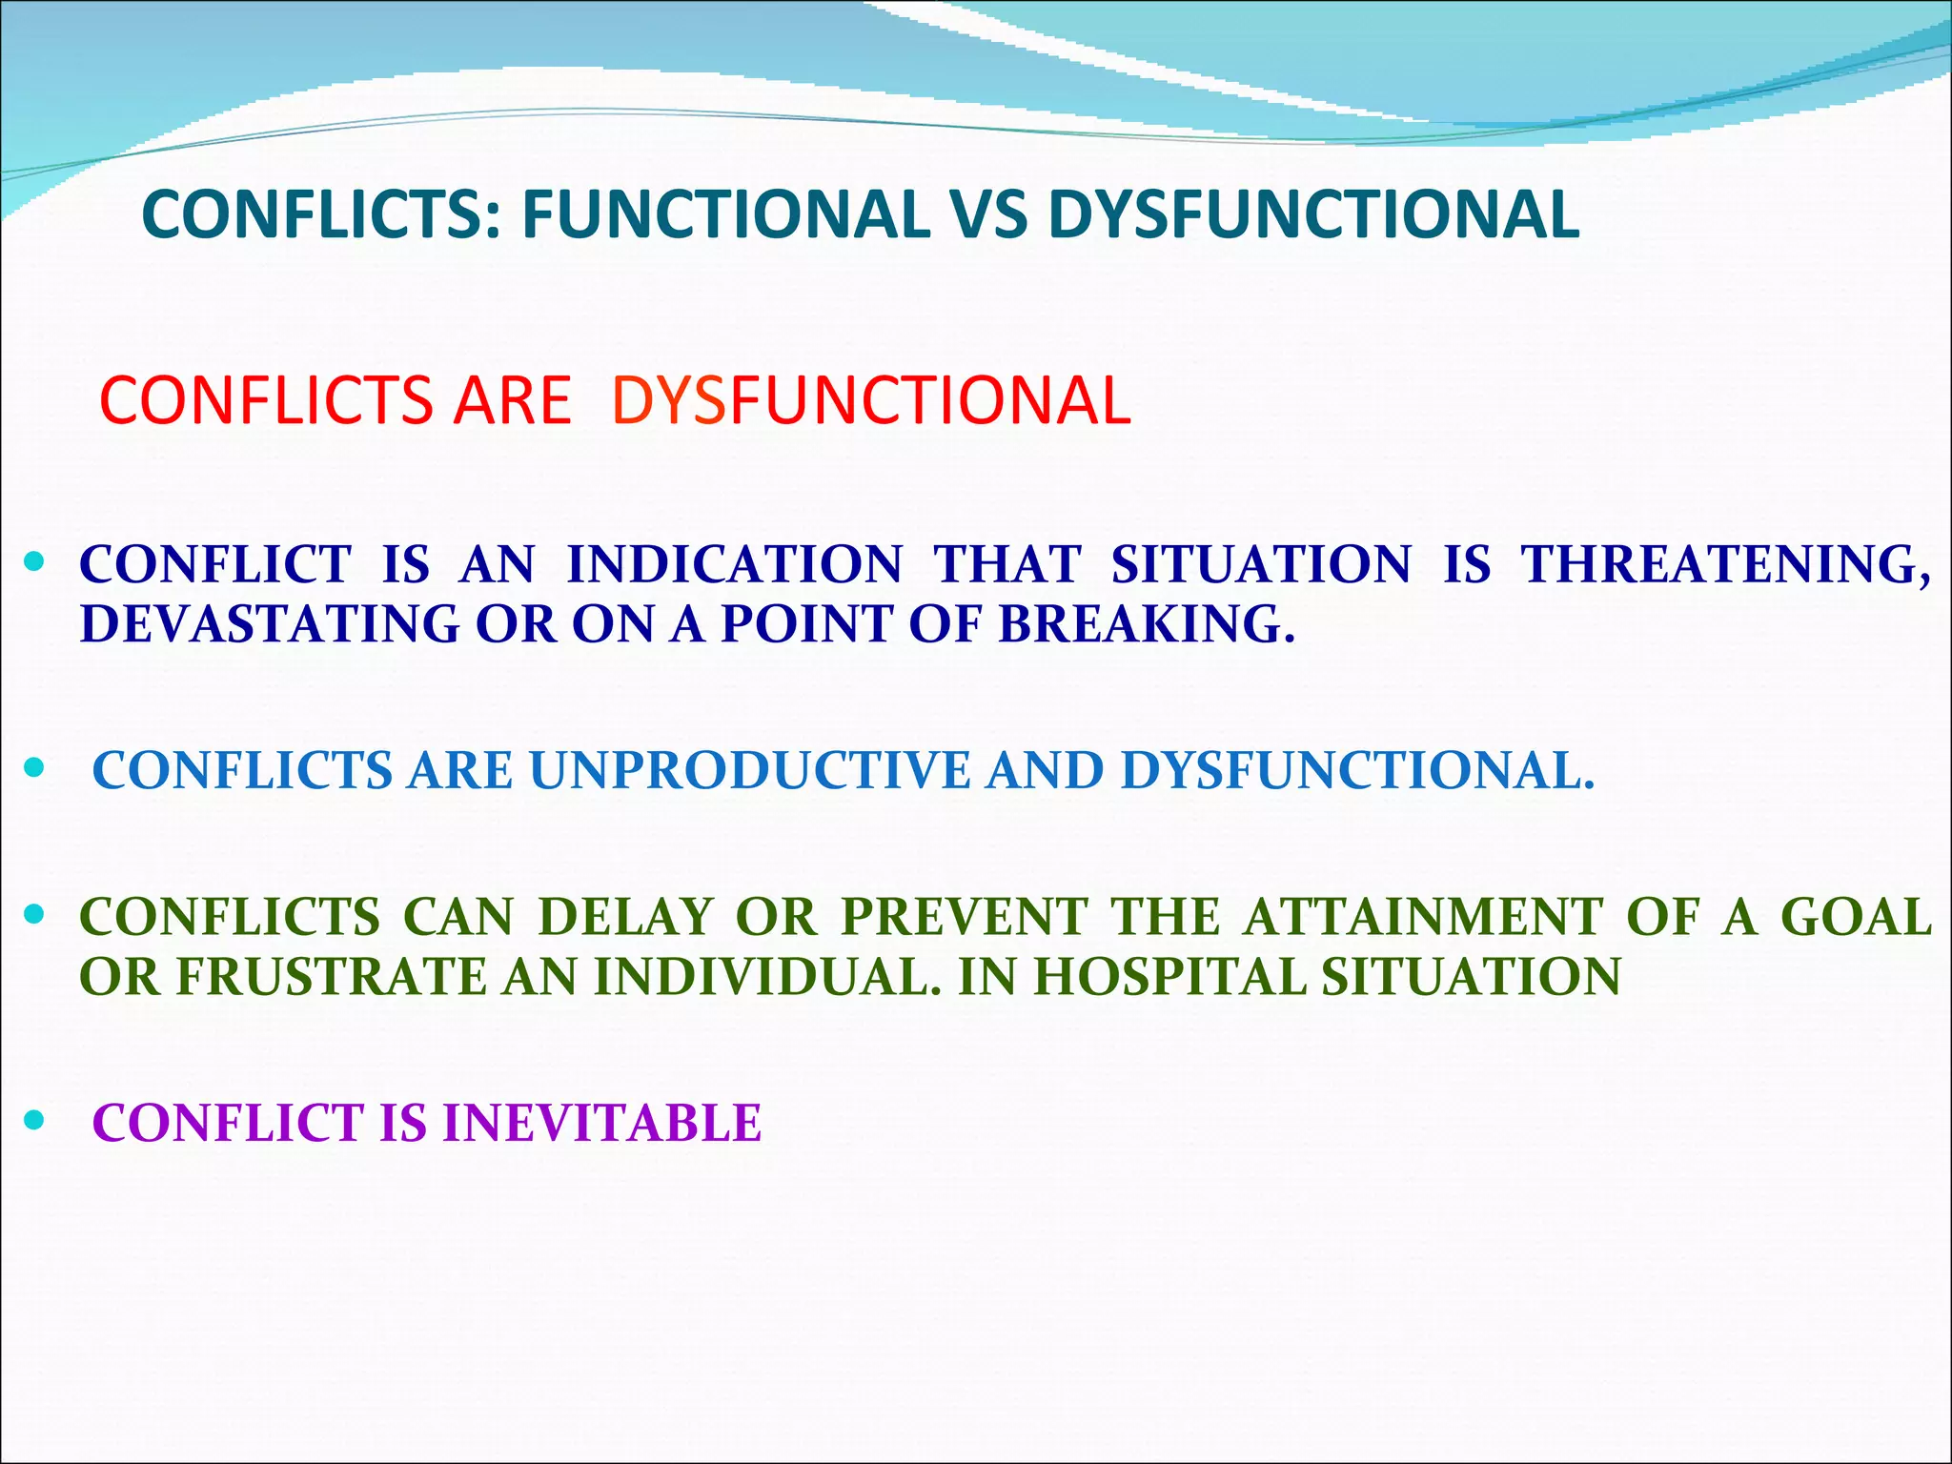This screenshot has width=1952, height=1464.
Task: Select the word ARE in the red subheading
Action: click(512, 400)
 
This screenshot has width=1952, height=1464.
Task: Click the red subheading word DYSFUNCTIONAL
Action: click(871, 400)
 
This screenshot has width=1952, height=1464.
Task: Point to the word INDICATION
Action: click(734, 564)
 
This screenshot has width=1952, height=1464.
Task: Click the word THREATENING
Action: click(1725, 564)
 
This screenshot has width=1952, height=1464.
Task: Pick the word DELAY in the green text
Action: click(625, 918)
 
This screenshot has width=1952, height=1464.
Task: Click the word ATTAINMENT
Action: click(1423, 918)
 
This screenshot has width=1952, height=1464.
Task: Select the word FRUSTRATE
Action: click(331, 977)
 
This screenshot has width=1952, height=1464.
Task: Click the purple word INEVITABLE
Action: click(601, 1123)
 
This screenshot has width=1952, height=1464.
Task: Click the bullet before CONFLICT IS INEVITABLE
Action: click(34, 1121)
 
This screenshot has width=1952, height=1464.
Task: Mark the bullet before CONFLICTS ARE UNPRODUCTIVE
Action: click(34, 768)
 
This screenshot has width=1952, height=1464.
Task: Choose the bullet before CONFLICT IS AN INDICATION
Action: click(34, 563)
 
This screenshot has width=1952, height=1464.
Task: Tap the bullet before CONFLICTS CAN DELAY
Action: click(34, 916)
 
